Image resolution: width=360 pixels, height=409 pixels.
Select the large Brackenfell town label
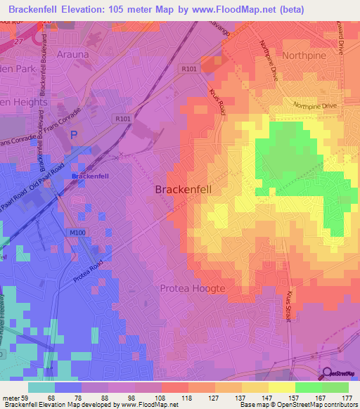(x=182, y=190)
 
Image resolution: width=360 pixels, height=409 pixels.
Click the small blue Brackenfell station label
(x=89, y=176)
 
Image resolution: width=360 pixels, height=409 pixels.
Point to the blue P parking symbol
(x=75, y=133)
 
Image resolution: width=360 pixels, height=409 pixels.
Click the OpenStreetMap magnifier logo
(x=326, y=375)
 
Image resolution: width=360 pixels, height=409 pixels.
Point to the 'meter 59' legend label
(x=15, y=398)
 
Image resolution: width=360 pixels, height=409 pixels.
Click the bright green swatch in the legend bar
(x=309, y=387)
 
